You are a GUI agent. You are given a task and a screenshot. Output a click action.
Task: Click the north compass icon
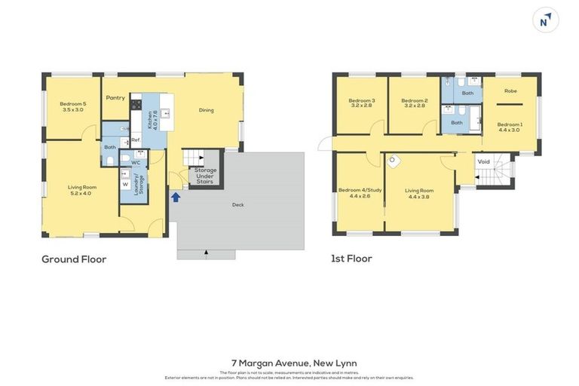[x=545, y=20]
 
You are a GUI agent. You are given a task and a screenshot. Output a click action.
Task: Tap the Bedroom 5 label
[x=73, y=106]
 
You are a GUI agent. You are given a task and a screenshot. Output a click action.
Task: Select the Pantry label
[x=115, y=97]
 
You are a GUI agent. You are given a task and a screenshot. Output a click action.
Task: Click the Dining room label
[x=206, y=110]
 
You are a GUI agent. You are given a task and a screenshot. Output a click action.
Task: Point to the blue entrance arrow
[x=176, y=197]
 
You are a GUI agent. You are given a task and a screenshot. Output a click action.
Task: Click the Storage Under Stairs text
[x=206, y=176]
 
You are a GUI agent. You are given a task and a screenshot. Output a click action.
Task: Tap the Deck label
[x=237, y=204]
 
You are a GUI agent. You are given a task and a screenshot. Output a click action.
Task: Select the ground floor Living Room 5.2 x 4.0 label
[x=80, y=190]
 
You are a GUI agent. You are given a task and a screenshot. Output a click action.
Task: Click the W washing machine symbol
[x=125, y=184]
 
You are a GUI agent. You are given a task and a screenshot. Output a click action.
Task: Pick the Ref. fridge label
[x=136, y=140]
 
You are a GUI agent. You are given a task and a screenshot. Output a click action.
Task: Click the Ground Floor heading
[x=74, y=259]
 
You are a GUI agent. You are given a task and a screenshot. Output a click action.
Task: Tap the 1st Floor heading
[x=351, y=259]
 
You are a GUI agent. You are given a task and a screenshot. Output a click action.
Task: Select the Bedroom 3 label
[x=361, y=103]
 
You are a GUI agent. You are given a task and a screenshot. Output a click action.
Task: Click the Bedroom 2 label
[x=414, y=103]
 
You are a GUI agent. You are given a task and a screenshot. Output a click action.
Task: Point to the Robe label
[x=510, y=90]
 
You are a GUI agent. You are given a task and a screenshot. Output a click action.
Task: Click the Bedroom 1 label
[x=509, y=127]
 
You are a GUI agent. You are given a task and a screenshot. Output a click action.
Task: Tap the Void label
[x=483, y=161]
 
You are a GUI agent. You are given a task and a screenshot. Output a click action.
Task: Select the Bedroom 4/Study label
[x=360, y=192]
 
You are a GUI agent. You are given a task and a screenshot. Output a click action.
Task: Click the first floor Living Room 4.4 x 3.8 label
[x=420, y=193]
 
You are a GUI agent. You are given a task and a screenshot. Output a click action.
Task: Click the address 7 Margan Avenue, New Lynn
[x=289, y=363]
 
